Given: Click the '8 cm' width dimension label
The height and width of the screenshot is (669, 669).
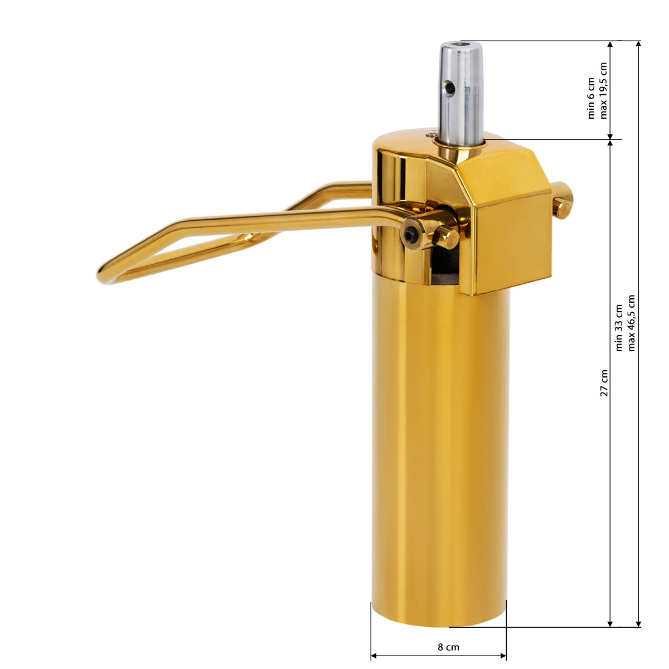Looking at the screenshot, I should click(x=448, y=647).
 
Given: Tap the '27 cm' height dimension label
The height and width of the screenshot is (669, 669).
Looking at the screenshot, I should click(x=604, y=382).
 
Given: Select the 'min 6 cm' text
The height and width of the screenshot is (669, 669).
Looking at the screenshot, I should click(x=592, y=98).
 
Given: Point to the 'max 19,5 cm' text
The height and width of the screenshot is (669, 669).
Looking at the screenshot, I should click(x=603, y=90).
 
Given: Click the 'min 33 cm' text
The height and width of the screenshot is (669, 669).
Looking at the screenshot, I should click(x=619, y=328).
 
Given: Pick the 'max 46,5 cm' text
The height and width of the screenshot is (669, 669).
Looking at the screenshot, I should click(x=631, y=323).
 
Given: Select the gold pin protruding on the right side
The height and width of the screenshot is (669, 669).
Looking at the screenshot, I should click(x=562, y=200).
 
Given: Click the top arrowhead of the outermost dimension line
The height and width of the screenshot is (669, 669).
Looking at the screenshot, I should click(x=639, y=45).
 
